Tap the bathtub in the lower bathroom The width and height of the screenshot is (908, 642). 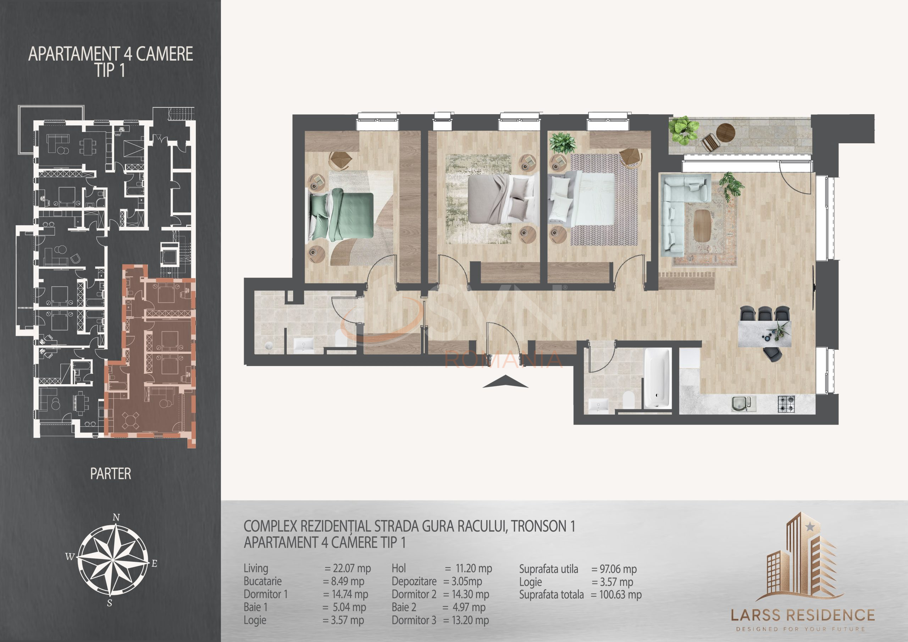tap(658, 378)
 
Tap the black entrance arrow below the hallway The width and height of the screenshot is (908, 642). tap(505, 382)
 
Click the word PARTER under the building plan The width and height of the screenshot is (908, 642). tap(110, 474)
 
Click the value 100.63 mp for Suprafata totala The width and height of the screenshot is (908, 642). tap(620, 594)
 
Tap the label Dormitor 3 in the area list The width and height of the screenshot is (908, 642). tap(414, 620)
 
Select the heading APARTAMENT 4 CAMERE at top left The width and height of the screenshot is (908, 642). tap(111, 54)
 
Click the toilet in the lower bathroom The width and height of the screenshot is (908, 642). tap(628, 400)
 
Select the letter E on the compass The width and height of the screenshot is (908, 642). tap(155, 564)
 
